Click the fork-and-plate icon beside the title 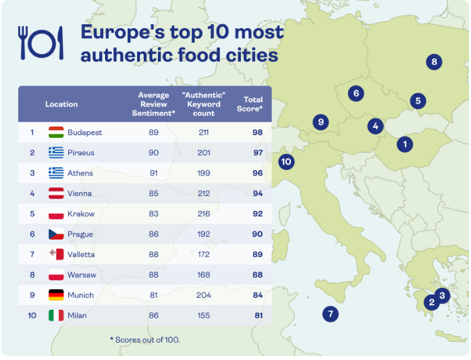click(x=41, y=43)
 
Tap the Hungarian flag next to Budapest click(x=56, y=132)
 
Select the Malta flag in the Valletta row click(x=56, y=254)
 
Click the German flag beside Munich click(x=56, y=295)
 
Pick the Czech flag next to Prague click(x=56, y=234)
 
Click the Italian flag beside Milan click(x=56, y=315)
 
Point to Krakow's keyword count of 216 click(x=204, y=214)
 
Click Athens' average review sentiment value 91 click(x=154, y=173)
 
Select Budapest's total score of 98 click(x=258, y=132)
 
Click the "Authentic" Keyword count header click(x=204, y=104)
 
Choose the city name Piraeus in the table click(x=81, y=153)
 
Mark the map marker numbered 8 click(x=434, y=62)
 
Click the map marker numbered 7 click(x=329, y=313)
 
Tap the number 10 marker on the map click(x=286, y=161)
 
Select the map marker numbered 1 click(x=404, y=143)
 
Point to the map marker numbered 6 click(x=356, y=93)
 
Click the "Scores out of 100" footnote click(x=145, y=340)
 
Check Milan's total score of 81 click(x=258, y=315)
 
